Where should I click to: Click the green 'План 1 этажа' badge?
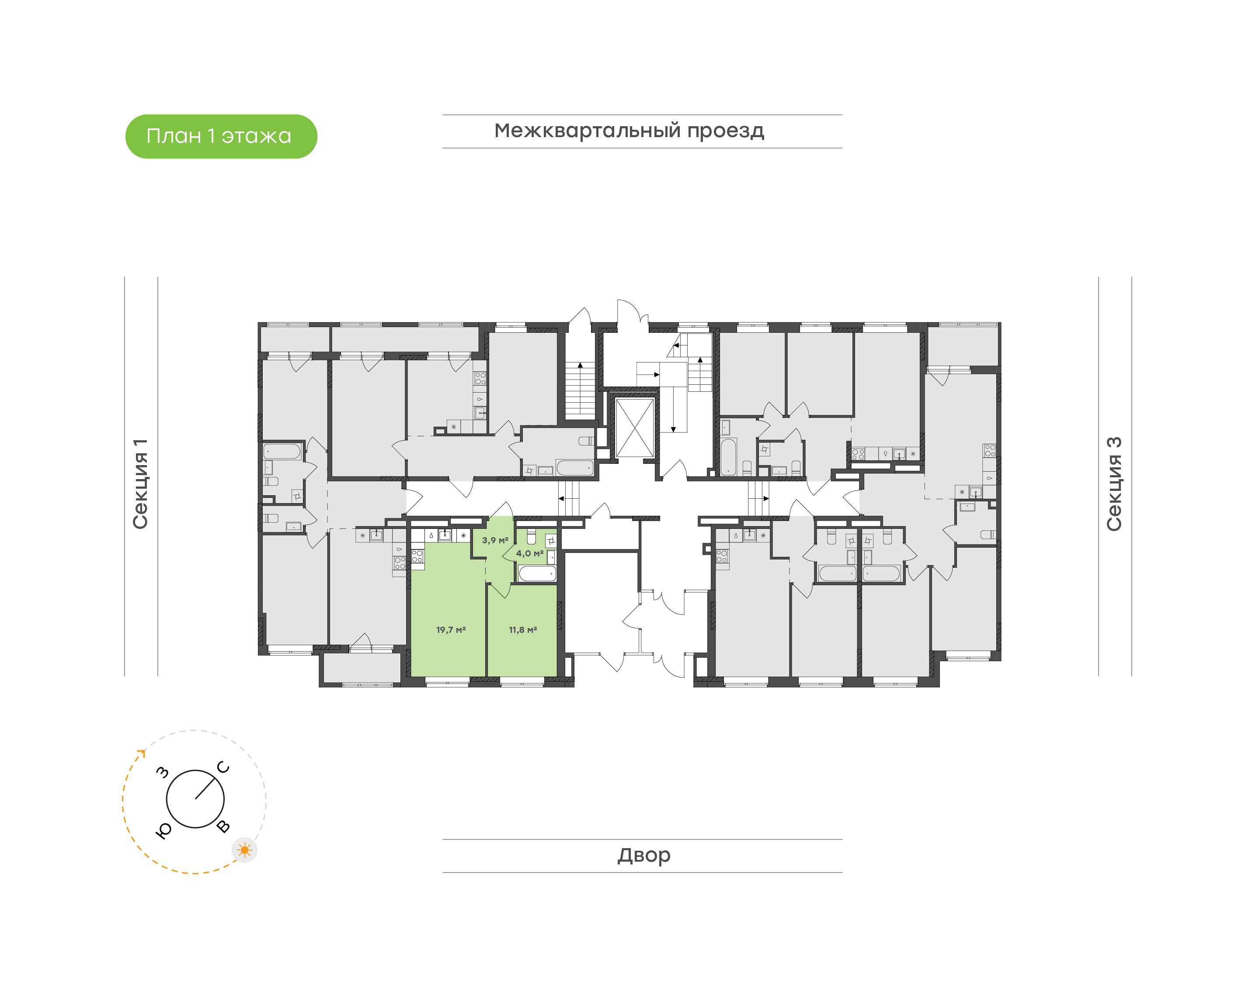(221, 136)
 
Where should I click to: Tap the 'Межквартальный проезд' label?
(629, 131)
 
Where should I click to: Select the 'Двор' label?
(643, 855)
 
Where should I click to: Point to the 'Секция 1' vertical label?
(140, 484)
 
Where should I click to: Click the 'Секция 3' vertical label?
(1114, 484)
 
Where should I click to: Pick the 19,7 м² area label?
(451, 630)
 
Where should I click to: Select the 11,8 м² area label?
(523, 630)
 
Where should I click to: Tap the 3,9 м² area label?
(495, 540)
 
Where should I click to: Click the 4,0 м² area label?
(530, 553)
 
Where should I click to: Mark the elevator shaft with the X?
(634, 428)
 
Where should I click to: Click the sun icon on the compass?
(245, 850)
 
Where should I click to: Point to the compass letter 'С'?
(223, 767)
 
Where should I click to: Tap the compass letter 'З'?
(163, 772)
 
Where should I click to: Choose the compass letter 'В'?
(223, 826)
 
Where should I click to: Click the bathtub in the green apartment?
(537, 574)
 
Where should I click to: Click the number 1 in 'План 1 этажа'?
(211, 136)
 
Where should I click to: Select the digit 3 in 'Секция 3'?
(1114, 443)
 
